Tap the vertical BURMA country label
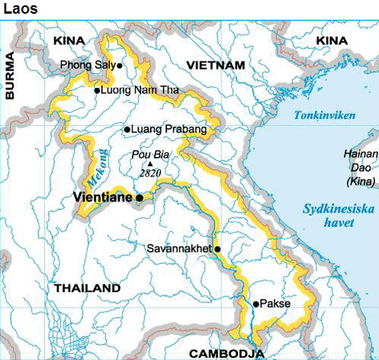11,76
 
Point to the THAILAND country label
87,289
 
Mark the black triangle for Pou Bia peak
150,163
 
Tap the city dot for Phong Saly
120,65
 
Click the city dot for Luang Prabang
127,130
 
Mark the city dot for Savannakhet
218,249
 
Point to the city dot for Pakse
256,303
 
